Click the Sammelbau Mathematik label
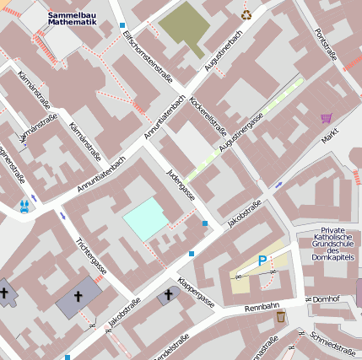pyautogui.click(x=72, y=19)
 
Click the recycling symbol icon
pyautogui.click(x=246, y=13)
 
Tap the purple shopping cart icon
pyautogui.click(x=326, y=118)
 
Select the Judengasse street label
pyautogui.click(x=183, y=186)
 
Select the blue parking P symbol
pyautogui.click(x=262, y=261)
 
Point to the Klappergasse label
pyautogui.click(x=196, y=291)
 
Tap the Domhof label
pyautogui.click(x=325, y=298)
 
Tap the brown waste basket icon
pyautogui.click(x=280, y=317)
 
